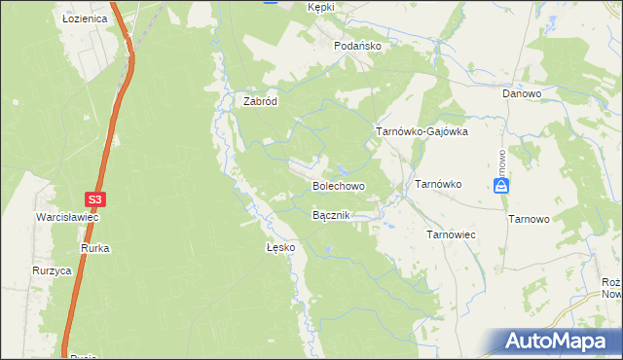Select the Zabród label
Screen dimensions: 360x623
tap(261, 100)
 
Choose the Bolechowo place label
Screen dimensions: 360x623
tap(338, 185)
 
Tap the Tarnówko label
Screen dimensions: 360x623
tap(438, 183)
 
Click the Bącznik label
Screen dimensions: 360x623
tap(331, 215)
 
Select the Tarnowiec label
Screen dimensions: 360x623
tap(451, 234)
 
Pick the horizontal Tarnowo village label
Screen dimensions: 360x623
tap(530, 220)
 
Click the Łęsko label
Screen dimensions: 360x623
tap(280, 248)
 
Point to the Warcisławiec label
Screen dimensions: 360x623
tap(67, 217)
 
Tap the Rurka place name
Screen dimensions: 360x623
tap(95, 249)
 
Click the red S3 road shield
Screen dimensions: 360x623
tap(93, 199)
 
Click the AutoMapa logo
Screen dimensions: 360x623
tap(560, 342)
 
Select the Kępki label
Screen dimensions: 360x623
tap(320, 7)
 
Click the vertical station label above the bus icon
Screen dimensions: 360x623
tap(500, 161)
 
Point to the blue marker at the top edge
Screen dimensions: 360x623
tap(271, 2)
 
